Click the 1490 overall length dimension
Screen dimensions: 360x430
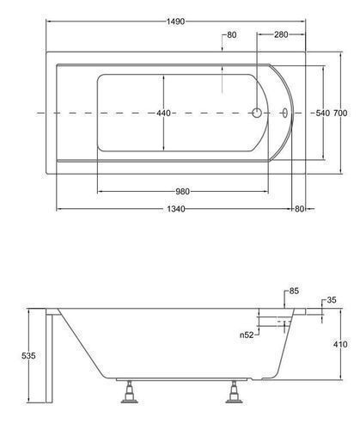pyautogui.click(x=176, y=21)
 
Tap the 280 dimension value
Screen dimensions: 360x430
pyautogui.click(x=281, y=34)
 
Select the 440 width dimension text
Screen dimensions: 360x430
pyautogui.click(x=163, y=114)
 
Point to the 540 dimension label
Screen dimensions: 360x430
pyautogui.click(x=323, y=114)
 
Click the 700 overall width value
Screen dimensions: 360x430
pyautogui.click(x=340, y=114)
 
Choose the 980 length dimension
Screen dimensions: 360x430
pyautogui.click(x=182, y=191)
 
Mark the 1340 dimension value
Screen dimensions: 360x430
pyautogui.click(x=176, y=209)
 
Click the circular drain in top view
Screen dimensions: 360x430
pyautogui.click(x=257, y=113)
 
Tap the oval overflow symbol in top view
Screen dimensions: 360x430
pyautogui.click(x=285, y=113)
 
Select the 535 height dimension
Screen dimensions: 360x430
pyautogui.click(x=28, y=356)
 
